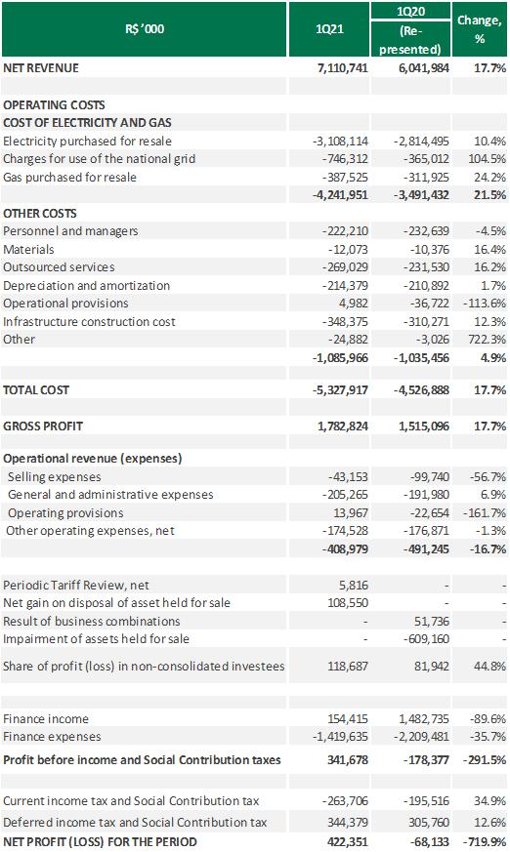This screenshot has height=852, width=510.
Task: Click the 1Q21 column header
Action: pyautogui.click(x=329, y=29)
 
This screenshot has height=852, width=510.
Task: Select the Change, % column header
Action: pyautogui.click(x=479, y=29)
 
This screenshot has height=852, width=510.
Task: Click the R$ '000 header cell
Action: pyautogui.click(x=145, y=29)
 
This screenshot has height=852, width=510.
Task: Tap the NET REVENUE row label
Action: pyautogui.click(x=41, y=68)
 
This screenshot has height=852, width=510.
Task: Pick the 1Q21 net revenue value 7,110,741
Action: pyautogui.click(x=343, y=68)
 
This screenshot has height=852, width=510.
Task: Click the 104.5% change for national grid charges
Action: pyautogui.click(x=488, y=159)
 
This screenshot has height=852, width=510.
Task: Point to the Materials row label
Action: pyautogui.click(x=28, y=250)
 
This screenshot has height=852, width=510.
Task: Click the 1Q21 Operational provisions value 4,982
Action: pyautogui.click(x=353, y=304)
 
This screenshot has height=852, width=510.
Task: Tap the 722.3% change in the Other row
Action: pyautogui.click(x=489, y=339)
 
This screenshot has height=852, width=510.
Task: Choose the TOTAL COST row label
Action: pyautogui.click(x=36, y=390)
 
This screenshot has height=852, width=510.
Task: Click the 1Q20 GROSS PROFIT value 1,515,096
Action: pyautogui.click(x=424, y=426)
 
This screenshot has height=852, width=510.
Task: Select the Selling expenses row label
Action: pyautogui.click(x=55, y=477)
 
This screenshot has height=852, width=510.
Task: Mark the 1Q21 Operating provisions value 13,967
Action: pyautogui.click(x=351, y=513)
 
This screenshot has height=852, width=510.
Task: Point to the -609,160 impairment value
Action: pyautogui.click(x=426, y=639)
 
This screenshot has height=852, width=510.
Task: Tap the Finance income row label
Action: pyautogui.click(x=46, y=719)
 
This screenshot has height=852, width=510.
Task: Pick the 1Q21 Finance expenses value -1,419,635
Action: pyautogui.click(x=340, y=737)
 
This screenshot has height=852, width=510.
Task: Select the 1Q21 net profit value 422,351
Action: pyautogui.click(x=348, y=842)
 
